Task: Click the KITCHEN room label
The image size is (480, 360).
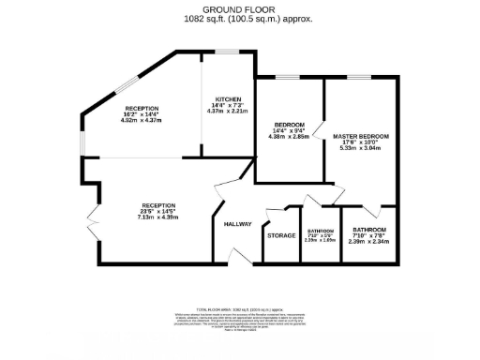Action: pos(228,98)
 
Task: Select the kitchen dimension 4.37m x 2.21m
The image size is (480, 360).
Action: pos(228,112)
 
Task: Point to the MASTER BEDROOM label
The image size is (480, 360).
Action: pos(360,137)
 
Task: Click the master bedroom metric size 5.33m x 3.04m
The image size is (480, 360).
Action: pos(360,150)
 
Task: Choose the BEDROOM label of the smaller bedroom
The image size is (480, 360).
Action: pos(289,125)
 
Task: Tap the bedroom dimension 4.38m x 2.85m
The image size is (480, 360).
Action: pos(289,137)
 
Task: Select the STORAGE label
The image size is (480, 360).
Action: pos(281,235)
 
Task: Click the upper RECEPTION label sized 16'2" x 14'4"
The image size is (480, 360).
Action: pos(142,108)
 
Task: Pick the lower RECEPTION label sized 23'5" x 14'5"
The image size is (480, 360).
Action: pos(158,204)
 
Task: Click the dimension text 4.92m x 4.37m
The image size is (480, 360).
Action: pos(142,121)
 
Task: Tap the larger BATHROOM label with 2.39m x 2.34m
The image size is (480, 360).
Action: pos(369,230)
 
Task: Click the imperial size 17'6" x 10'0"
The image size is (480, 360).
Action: pos(360,143)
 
